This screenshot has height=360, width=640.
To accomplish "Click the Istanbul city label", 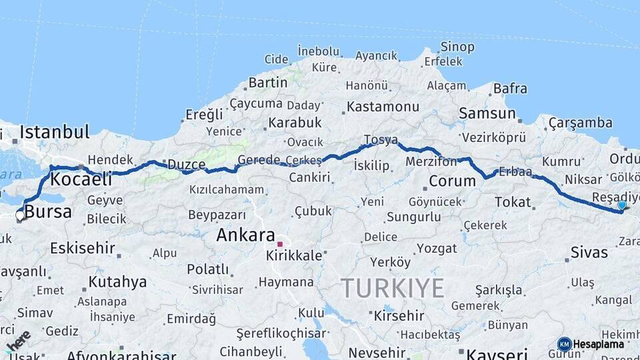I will [55, 132].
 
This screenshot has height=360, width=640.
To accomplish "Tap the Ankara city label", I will [245, 235].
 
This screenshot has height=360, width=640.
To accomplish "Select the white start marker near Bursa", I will [20, 215].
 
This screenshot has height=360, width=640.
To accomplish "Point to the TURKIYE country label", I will [393, 288].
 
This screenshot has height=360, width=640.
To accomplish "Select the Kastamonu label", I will [383, 107].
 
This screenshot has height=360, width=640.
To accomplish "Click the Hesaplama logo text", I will [598, 344].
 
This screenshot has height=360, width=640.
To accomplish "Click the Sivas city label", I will [589, 252].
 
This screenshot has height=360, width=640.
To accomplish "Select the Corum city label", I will [451, 181].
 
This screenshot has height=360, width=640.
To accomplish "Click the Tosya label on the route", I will [381, 140].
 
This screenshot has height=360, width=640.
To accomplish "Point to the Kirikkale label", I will [294, 255].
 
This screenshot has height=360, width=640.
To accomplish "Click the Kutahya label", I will [117, 281].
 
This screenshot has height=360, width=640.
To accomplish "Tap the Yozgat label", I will [437, 249].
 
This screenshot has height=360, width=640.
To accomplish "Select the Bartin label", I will [268, 83].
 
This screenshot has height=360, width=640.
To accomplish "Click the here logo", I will [19, 341].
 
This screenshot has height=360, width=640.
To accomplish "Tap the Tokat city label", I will [513, 202].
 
